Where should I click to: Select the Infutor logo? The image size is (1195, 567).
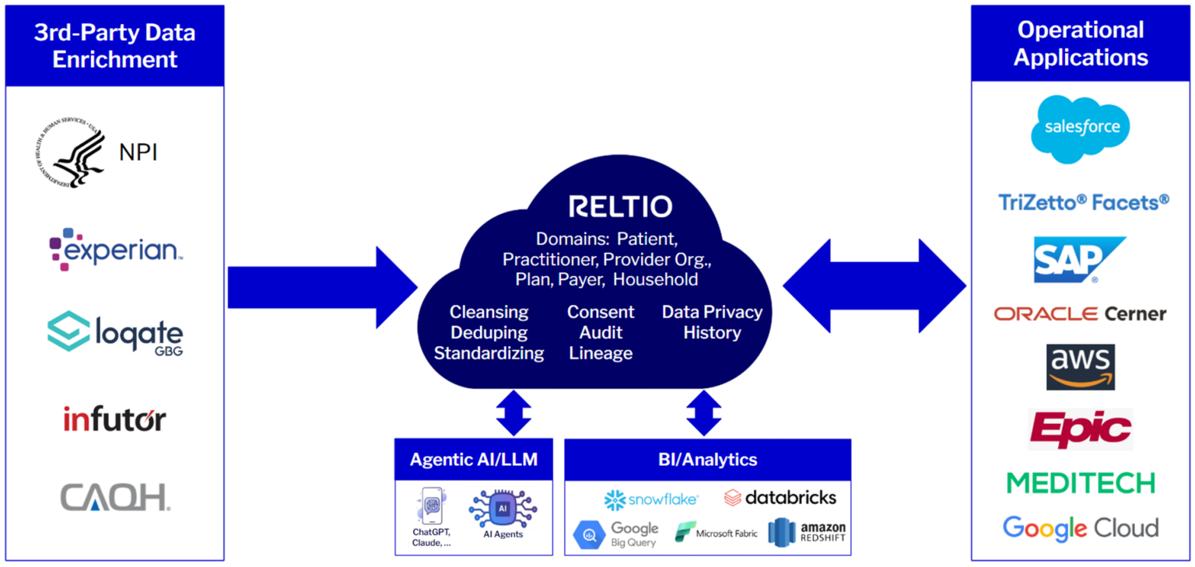tap(114, 420)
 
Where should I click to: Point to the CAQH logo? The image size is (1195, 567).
tap(115, 497)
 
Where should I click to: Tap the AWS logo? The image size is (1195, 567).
tap(1080, 366)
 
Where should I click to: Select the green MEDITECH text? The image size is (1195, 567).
tap(1081, 483)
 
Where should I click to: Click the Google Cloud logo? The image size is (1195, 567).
tap(1081, 528)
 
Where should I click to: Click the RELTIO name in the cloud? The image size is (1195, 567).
tap(620, 206)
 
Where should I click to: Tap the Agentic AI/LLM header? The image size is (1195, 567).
tap(473, 459)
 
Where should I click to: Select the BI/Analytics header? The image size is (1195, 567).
tap(707, 459)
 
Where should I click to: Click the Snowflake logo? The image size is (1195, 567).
tap(651, 499)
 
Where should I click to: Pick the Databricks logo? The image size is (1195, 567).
tap(780, 498)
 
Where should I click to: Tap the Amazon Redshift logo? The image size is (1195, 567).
tap(806, 532)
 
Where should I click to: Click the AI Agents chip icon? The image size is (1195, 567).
tap(503, 509)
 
